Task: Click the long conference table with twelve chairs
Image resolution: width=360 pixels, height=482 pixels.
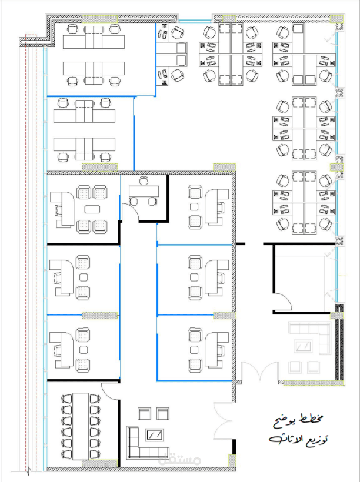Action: pos(81,426)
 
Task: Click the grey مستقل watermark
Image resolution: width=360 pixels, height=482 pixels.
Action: pos(179,459)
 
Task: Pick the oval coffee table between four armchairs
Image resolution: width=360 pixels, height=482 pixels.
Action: pos(92,209)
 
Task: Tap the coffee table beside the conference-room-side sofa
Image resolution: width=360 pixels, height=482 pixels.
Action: pos(155,435)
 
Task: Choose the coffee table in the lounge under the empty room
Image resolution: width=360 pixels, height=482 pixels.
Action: pos(303,346)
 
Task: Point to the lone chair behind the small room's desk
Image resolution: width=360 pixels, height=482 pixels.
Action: pos(144,181)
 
